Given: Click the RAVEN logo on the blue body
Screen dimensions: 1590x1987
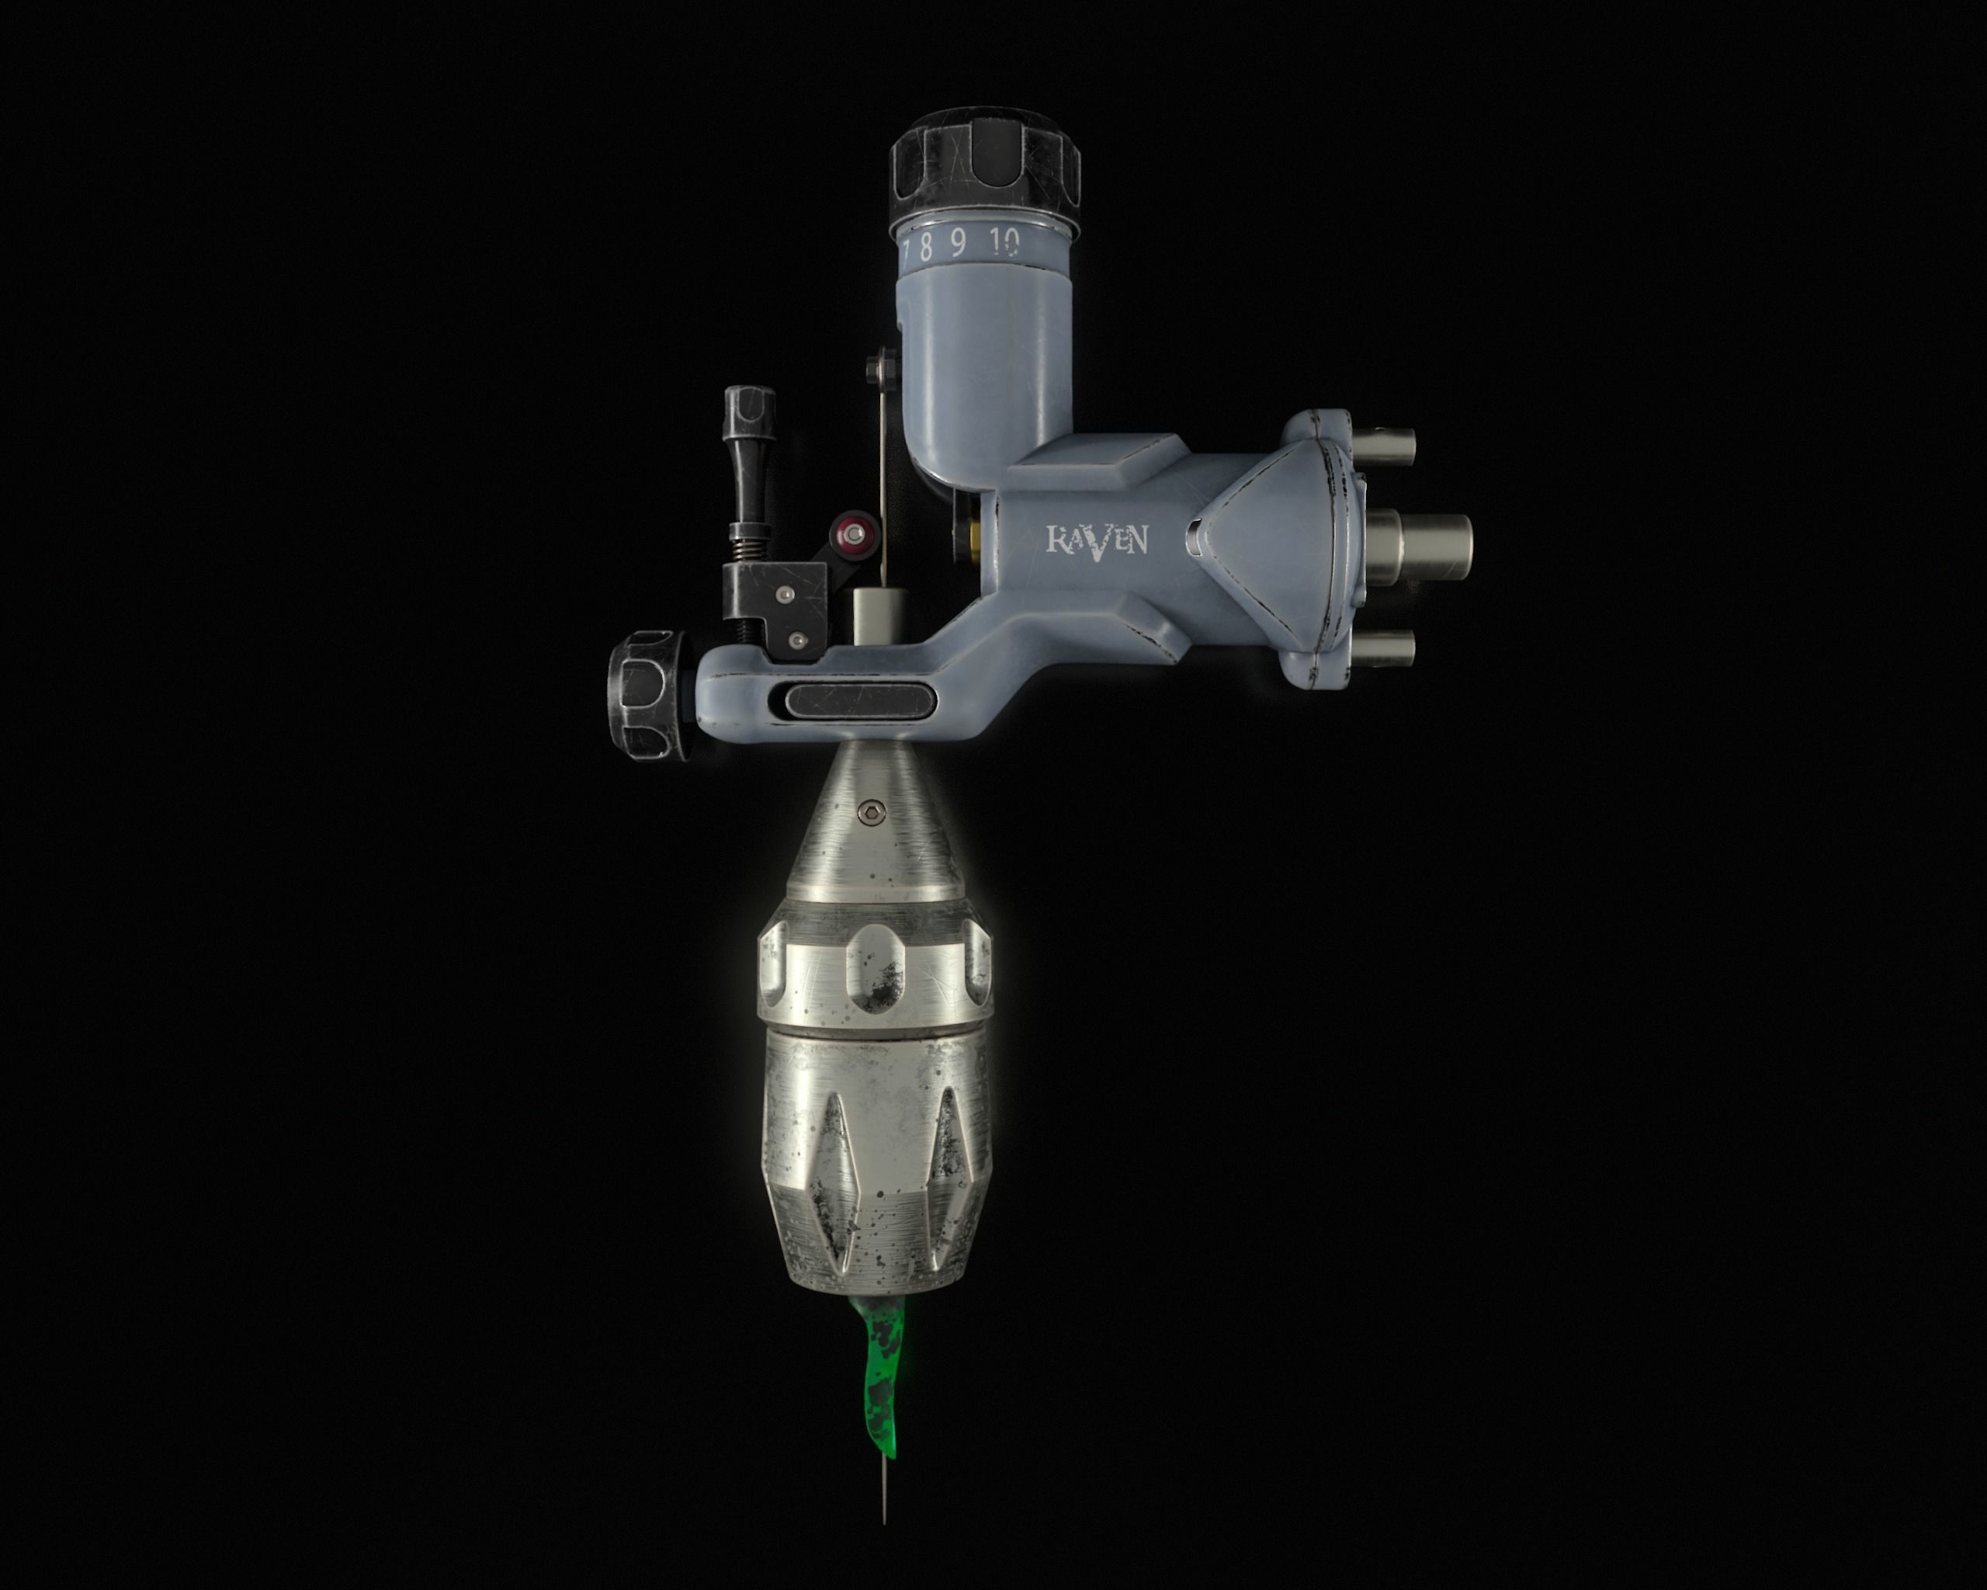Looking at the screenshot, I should [1096, 540].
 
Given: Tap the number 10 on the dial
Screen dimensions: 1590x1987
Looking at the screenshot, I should [1005, 242].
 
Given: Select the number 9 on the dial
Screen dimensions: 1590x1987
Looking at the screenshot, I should [959, 245].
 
